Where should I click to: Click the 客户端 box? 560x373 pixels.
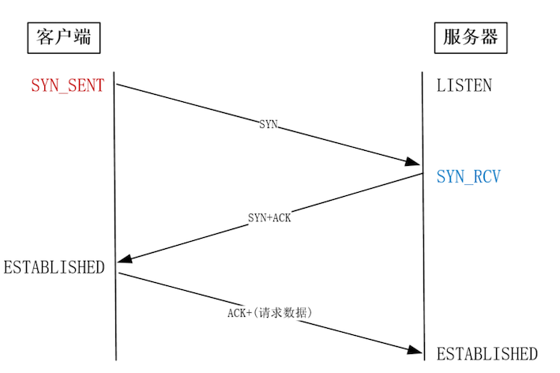pyautogui.click(x=66, y=36)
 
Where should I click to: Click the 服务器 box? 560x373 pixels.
pyautogui.click(x=471, y=36)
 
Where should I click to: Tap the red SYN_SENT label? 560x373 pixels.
pyautogui.click(x=67, y=85)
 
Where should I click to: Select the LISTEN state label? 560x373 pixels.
pyautogui.click(x=464, y=85)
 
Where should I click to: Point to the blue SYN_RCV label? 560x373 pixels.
pyautogui.click(x=468, y=177)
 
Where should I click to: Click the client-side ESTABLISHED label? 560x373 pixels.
pyautogui.click(x=54, y=267)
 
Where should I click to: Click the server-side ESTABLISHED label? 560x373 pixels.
pyautogui.click(x=487, y=354)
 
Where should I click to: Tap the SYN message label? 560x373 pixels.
pyautogui.click(x=269, y=125)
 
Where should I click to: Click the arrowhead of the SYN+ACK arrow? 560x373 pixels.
pyautogui.click(x=123, y=262)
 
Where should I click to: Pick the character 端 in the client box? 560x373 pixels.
pyautogui.click(x=85, y=36)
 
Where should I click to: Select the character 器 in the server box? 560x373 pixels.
pyautogui.click(x=490, y=36)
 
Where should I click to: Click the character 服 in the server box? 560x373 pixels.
pyautogui.click(x=451, y=36)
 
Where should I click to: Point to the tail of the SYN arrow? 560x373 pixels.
pyautogui.click(x=117, y=83)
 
